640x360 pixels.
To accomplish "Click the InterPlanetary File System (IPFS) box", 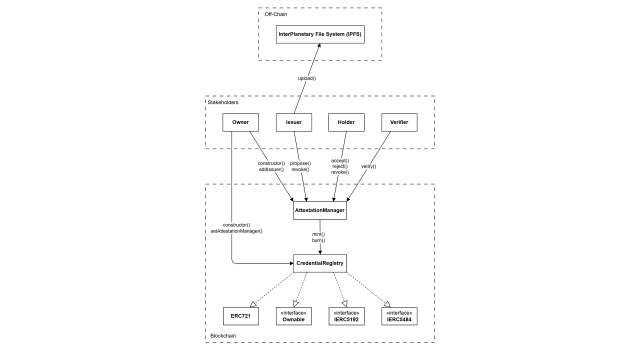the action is (x=320, y=34).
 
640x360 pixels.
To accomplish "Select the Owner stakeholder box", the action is (x=240, y=122).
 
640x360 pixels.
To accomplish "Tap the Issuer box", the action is (x=294, y=122).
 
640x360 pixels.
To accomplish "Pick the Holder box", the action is (x=347, y=122).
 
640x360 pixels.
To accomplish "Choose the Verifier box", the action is (x=399, y=122).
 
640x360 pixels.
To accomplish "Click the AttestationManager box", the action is (x=320, y=211).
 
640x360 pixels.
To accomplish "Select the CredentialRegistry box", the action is (x=320, y=263).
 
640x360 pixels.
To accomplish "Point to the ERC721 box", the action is (x=241, y=316).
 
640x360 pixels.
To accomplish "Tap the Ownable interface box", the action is (x=294, y=316).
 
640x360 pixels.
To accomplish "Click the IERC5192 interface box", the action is (x=347, y=316).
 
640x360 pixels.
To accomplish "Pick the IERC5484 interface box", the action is (x=399, y=316).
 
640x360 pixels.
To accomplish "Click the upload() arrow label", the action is (x=307, y=78).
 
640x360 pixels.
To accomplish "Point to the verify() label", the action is (x=369, y=166).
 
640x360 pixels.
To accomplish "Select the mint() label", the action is (x=318, y=234).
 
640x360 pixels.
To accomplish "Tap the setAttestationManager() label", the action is (x=236, y=231).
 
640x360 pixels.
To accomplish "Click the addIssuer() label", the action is (x=271, y=169).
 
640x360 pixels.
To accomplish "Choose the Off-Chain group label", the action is (x=276, y=14).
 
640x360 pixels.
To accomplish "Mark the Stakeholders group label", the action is (x=223, y=102).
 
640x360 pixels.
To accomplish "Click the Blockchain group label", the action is (x=223, y=336).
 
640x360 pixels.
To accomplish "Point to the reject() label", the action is (x=340, y=167).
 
